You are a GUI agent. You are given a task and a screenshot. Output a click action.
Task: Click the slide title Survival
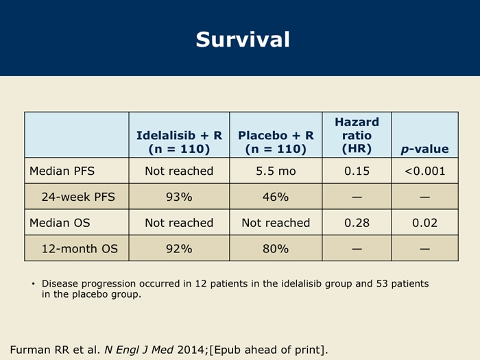coord(243,40)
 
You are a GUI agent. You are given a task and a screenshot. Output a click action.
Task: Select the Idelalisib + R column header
coord(179,142)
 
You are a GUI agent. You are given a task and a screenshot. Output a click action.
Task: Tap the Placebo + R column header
coord(276,142)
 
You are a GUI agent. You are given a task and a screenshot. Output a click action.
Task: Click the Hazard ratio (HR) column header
coord(357,135)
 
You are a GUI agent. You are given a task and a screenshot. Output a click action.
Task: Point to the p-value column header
coord(424,149)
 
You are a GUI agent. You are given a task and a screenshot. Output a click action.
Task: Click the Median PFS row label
coord(62,171)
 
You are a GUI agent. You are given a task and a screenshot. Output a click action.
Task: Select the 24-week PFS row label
coord(78,197)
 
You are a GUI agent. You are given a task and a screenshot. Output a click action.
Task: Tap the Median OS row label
coord(60,223)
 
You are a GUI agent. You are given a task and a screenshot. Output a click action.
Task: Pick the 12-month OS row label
coord(80,248)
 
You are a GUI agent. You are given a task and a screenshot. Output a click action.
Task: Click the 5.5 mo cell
coord(276,171)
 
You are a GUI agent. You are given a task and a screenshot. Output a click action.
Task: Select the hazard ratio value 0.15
coord(357,171)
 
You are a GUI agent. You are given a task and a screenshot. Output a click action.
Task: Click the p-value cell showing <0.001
coord(424,171)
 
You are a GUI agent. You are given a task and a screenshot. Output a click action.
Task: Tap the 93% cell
coord(179,197)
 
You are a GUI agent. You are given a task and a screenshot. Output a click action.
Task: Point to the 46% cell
coord(276,197)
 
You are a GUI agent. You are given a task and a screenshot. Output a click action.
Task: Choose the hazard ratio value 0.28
coord(357,223)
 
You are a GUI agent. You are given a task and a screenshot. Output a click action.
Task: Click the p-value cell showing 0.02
coord(424,223)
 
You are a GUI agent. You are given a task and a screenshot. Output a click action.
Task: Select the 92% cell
coord(179,248)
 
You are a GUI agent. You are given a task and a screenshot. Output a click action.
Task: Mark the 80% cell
coord(276,248)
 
